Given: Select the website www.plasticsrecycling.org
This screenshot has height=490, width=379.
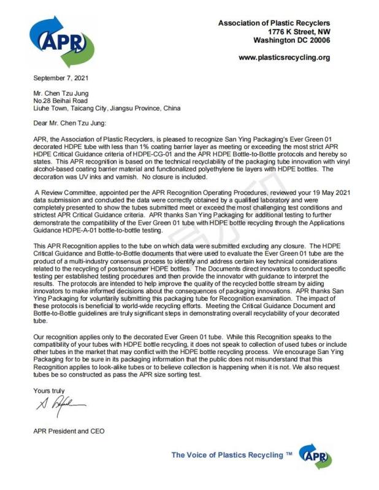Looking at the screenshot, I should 284,58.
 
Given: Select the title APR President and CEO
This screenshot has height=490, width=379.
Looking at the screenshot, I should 69,431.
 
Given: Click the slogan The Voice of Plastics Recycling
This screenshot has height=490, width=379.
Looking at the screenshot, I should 231,455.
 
